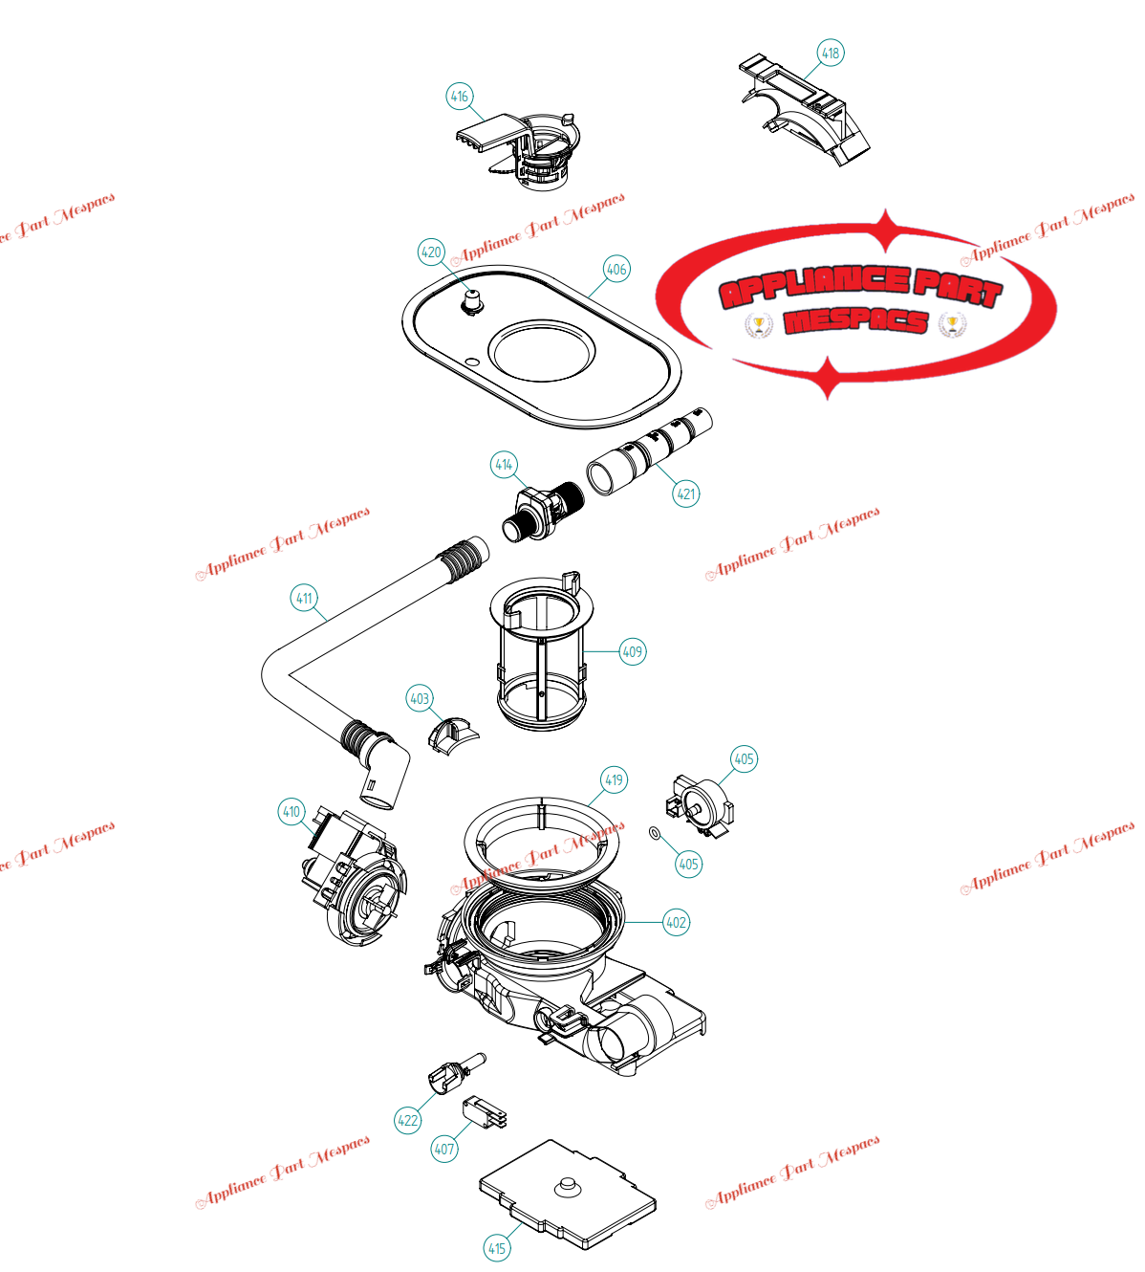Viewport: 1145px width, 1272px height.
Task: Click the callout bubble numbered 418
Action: tap(831, 53)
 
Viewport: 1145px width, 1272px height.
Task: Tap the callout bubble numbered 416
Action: tap(460, 96)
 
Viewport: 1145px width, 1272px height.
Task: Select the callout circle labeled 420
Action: tap(432, 252)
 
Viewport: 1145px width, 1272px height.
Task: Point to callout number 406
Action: tap(616, 269)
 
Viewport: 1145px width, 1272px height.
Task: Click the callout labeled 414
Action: tap(504, 465)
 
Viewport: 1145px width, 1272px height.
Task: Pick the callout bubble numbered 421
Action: tap(686, 493)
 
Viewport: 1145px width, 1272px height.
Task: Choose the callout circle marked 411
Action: tap(304, 598)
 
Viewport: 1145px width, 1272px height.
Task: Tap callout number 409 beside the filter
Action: tap(633, 652)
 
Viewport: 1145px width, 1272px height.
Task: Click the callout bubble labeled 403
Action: tap(420, 698)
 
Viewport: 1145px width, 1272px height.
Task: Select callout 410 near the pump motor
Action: tap(292, 812)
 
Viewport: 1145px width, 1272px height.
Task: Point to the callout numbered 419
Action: tap(614, 779)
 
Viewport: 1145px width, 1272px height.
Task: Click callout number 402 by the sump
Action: tap(676, 922)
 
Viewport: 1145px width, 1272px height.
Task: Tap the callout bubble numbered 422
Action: tap(408, 1120)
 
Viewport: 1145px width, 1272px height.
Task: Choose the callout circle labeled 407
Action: tap(444, 1149)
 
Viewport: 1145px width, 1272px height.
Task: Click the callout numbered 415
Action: tap(497, 1247)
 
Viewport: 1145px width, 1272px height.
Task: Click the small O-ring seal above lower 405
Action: tap(655, 833)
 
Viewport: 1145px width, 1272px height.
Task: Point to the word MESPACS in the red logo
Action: tap(855, 321)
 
